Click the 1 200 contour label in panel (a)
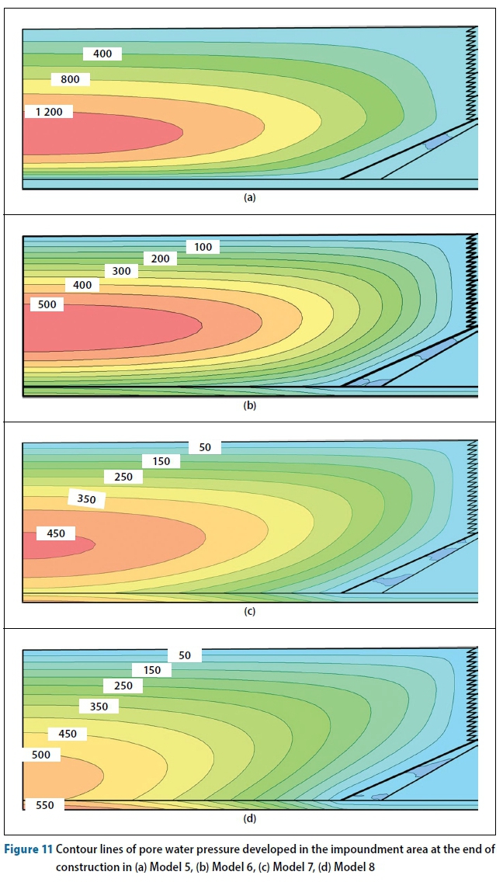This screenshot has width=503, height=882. click(48, 112)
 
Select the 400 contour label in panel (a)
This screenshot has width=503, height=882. click(102, 54)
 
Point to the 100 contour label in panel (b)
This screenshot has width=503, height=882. click(203, 247)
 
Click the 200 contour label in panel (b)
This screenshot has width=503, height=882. click(160, 259)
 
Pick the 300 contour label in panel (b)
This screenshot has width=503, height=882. click(121, 272)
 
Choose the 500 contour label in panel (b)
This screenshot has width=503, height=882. click(47, 304)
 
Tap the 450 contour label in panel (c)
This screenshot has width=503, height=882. click(55, 533)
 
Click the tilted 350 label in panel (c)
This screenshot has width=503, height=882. click(87, 499)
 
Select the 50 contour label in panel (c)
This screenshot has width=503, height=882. click(205, 448)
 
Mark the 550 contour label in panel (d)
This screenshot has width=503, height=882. click(45, 805)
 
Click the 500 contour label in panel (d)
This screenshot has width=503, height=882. click(41, 755)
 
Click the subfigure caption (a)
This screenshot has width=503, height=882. click(249, 198)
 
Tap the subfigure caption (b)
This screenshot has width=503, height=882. click(249, 405)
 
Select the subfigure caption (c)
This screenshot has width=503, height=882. click(249, 612)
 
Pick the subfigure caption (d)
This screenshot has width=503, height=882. click(249, 818)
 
